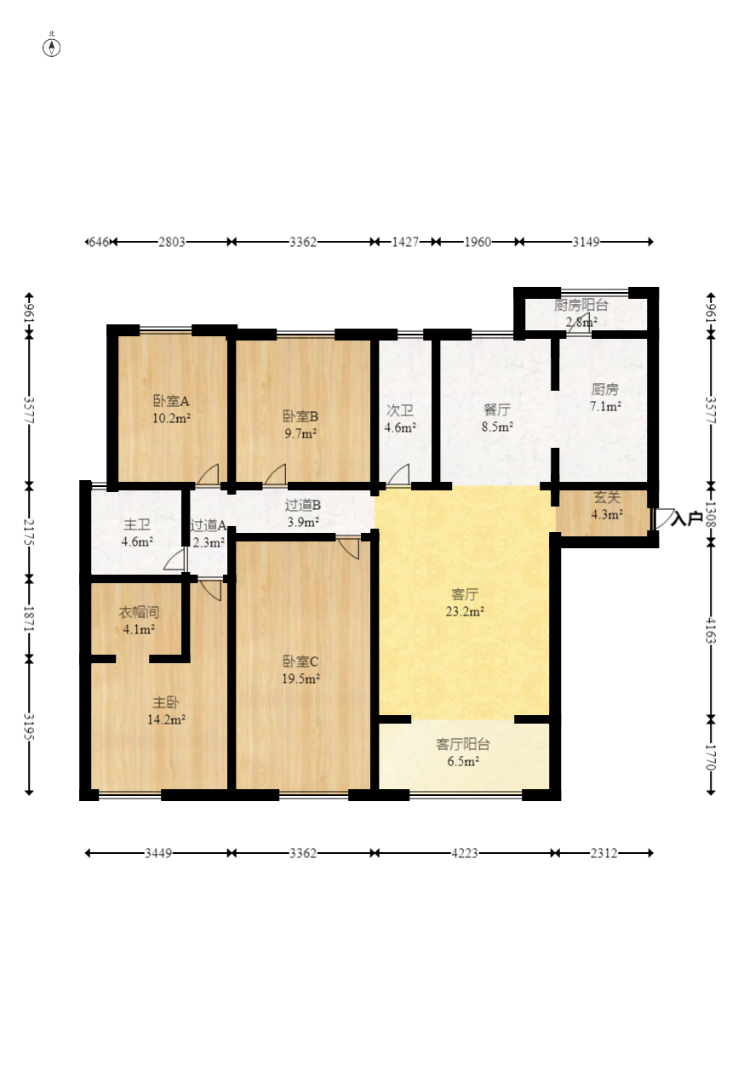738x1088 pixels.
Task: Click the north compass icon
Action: [52, 48]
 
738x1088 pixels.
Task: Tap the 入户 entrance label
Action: [687, 518]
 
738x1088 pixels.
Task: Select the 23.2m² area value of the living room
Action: [465, 611]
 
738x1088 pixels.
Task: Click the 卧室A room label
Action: [171, 401]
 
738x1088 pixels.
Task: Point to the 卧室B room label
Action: [300, 416]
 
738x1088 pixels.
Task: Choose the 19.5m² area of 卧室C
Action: [300, 679]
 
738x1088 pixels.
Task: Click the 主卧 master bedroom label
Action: [166, 702]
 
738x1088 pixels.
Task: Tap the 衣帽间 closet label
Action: [139, 612]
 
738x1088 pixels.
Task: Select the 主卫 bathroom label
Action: [137, 524]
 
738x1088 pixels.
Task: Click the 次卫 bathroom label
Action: [399, 410]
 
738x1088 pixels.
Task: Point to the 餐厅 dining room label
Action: [497, 409]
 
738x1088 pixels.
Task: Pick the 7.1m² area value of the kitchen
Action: [605, 406]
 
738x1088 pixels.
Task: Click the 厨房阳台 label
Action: [581, 305]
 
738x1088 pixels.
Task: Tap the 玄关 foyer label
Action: [607, 497]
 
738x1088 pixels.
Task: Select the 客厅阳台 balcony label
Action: [463, 744]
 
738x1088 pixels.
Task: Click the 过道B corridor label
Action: [302, 505]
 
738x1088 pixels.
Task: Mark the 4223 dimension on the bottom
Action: [465, 853]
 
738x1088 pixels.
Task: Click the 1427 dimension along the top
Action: [405, 242]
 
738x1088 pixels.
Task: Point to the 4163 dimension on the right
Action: [711, 629]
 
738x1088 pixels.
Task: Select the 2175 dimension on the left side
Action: [29, 532]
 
